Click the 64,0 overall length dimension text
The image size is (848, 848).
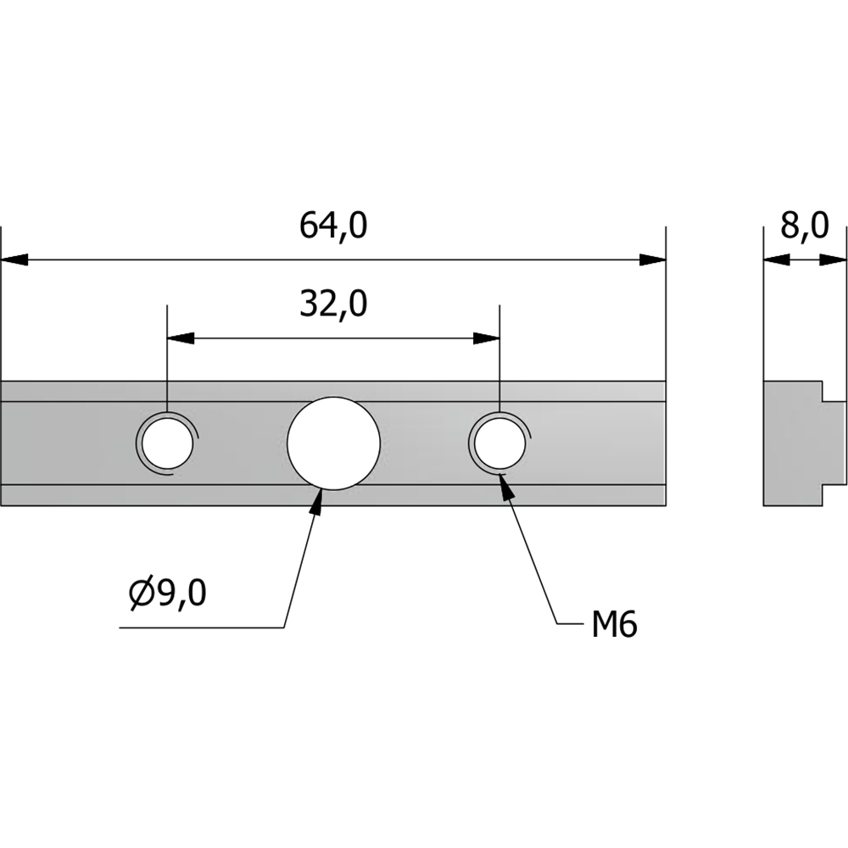333,226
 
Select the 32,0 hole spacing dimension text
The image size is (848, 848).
333,304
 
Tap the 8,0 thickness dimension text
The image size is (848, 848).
804,226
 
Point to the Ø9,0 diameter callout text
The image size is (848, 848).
168,593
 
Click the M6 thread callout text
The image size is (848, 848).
614,625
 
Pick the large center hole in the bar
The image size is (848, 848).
333,444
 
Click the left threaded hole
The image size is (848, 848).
168,444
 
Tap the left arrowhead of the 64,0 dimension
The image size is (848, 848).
14,259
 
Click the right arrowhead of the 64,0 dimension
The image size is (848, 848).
652,259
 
